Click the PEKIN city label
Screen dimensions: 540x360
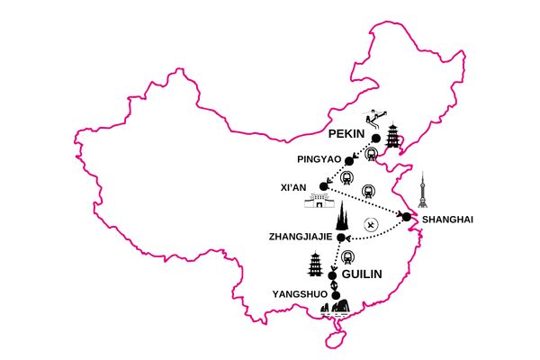tap(346, 134)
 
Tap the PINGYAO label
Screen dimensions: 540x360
tap(319, 159)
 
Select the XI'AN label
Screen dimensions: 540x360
tap(293, 187)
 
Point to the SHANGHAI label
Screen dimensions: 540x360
tap(447, 220)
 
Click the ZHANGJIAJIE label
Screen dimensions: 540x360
tap(301, 237)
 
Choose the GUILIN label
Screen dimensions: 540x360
tap(362, 274)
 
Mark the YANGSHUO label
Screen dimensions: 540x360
tap(300, 294)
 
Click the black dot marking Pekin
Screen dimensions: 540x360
tap(376, 138)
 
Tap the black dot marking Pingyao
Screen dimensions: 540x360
tap(349, 161)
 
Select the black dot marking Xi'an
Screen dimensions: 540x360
tap(323, 186)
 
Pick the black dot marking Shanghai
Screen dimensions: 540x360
tap(407, 217)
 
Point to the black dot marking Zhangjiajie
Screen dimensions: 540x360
tap(341, 237)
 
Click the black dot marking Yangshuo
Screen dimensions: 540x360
tap(336, 295)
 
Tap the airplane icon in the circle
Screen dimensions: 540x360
tap(371, 225)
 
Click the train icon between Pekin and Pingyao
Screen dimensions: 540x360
tap(371, 154)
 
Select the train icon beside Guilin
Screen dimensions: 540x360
tap(347, 257)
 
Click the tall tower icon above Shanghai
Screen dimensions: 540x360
tap(423, 190)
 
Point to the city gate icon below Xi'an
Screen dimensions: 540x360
tap(319, 201)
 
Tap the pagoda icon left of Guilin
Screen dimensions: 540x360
tap(315, 264)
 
